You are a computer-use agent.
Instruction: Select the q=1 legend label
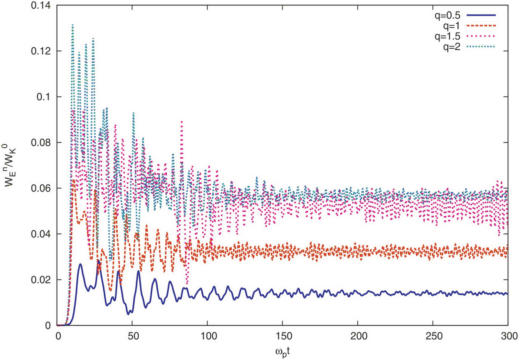point(452,26)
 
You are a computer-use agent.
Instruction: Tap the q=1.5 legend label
point(447,36)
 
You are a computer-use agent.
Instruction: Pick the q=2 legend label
point(452,47)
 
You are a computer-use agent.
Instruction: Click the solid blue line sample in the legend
point(481,15)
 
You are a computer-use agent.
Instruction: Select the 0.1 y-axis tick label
point(44,97)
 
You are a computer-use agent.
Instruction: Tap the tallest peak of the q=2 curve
point(73,25)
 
